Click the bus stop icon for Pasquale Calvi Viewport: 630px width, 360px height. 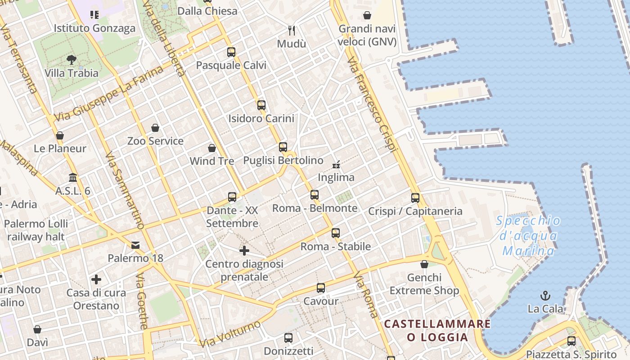pyautogui.click(x=231, y=52)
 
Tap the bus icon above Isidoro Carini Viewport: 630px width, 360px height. pyautogui.click(x=261, y=105)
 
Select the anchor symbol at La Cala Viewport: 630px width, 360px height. pyautogui.click(x=545, y=296)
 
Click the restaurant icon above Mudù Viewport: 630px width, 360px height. pyautogui.click(x=292, y=31)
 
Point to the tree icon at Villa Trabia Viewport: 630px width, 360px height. pyautogui.click(x=71, y=59)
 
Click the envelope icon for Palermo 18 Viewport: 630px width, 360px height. pyautogui.click(x=135, y=245)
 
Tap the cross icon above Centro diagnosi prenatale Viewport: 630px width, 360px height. pyautogui.click(x=244, y=251)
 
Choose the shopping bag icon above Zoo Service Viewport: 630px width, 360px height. pyautogui.click(x=155, y=128)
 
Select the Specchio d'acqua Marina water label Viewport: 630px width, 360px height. pyautogui.click(x=529, y=235)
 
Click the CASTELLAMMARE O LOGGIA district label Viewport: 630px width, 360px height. pyautogui.click(x=437, y=330)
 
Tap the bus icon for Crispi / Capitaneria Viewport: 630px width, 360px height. pyautogui.click(x=415, y=198)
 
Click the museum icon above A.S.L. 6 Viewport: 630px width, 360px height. pyautogui.click(x=73, y=178)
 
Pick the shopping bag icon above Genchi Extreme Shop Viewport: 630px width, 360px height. pyautogui.click(x=424, y=264)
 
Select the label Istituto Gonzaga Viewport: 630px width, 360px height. pyautogui.click(x=94, y=28)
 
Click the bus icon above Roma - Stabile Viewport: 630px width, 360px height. pyautogui.click(x=336, y=233)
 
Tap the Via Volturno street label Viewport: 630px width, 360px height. pyautogui.click(x=230, y=334)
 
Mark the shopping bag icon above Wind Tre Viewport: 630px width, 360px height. pyautogui.click(x=212, y=148)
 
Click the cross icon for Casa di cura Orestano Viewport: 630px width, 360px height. pyautogui.click(x=96, y=280)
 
